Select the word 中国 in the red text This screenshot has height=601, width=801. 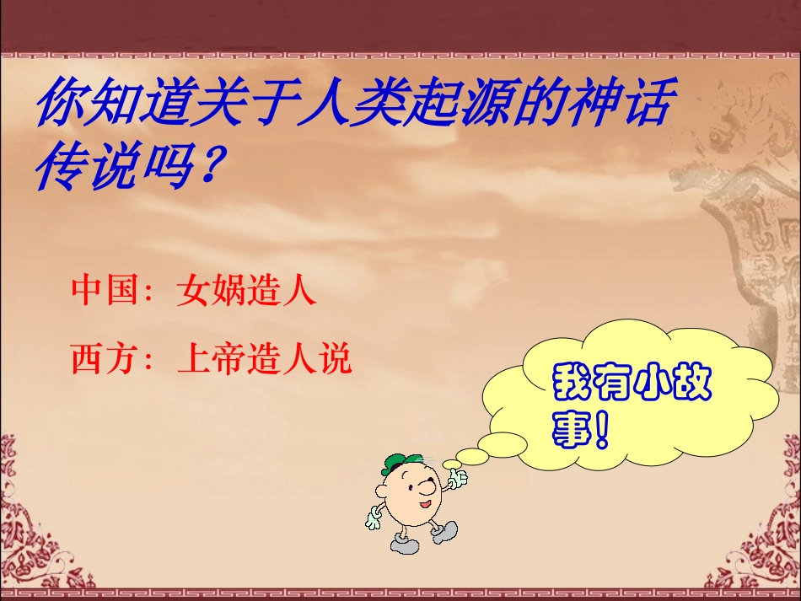pyautogui.click(x=103, y=291)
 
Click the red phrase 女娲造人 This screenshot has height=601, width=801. pyautogui.click(x=246, y=291)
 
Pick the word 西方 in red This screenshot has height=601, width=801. pyautogui.click(x=103, y=360)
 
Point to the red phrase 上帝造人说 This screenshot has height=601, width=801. pyautogui.click(x=264, y=360)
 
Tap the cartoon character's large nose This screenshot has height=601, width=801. pyautogui.click(x=429, y=488)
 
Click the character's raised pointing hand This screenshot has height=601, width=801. pyautogui.click(x=458, y=479)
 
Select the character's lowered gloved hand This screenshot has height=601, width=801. pyautogui.click(x=374, y=518)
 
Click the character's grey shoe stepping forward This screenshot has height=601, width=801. pyautogui.click(x=444, y=533)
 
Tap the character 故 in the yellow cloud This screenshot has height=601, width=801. pyautogui.click(x=693, y=384)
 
